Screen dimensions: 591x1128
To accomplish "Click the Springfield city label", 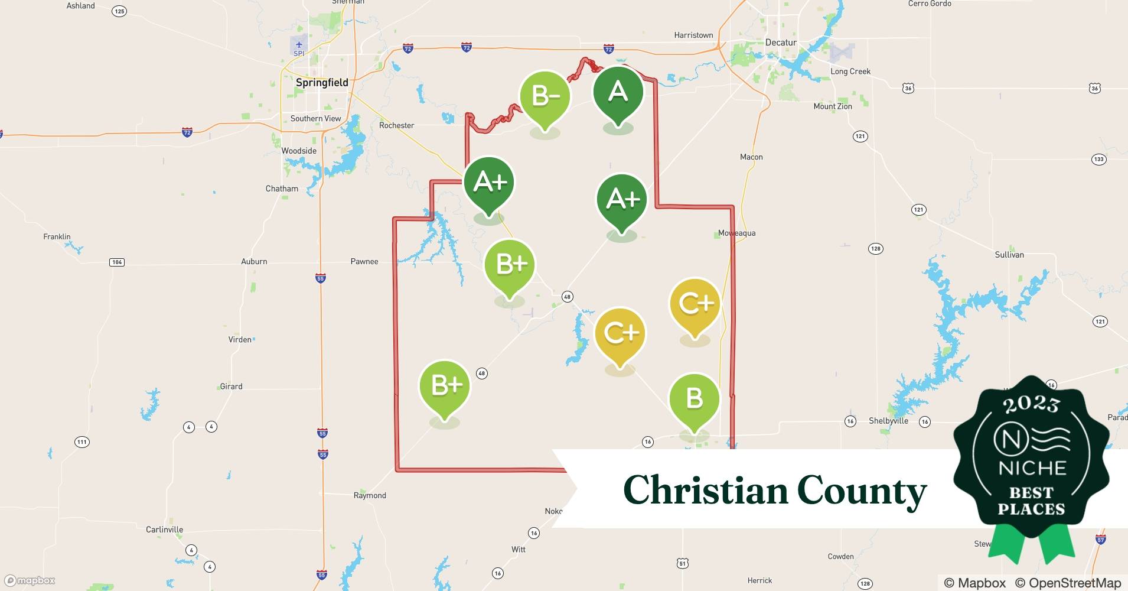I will click(322, 83).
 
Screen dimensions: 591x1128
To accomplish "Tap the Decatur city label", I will click(781, 43).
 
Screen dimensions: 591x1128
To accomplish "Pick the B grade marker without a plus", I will click(694, 399).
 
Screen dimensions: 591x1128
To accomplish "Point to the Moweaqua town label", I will click(736, 233).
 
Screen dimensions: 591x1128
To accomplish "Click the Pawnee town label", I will click(364, 261).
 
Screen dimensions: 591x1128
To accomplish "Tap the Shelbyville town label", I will click(888, 421).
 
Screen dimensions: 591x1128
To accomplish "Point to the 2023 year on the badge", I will click(1031, 404).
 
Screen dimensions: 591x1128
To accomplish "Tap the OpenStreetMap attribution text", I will click(1068, 583).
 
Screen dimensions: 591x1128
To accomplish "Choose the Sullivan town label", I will click(1009, 255).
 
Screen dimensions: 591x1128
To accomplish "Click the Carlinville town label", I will click(164, 530).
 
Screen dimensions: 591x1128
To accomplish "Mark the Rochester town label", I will click(396, 125).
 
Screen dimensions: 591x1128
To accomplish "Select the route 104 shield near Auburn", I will click(117, 262).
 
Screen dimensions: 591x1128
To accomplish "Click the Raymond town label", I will click(370, 495).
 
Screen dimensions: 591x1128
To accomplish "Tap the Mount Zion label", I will click(833, 106).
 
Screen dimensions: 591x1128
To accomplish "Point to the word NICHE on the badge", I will click(1032, 468).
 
